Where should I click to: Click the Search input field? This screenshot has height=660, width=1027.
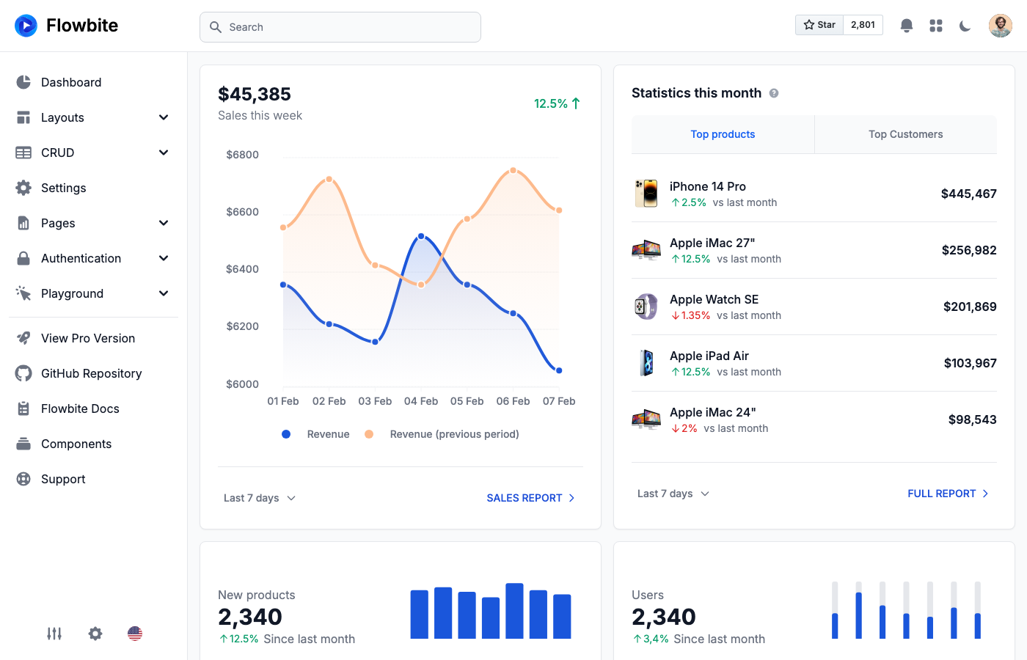[x=340, y=27]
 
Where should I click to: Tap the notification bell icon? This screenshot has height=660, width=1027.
[x=907, y=26]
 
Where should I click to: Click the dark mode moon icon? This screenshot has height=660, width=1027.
[x=965, y=26]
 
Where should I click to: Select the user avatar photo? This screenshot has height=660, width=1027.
[x=1000, y=26]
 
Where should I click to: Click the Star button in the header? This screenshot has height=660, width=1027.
[x=819, y=25]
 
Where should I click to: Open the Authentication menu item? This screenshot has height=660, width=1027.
[x=81, y=258]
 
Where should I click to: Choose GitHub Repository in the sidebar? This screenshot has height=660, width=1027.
[x=91, y=373]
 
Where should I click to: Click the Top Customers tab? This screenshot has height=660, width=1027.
[x=905, y=134]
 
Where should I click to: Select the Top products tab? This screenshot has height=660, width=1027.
[x=723, y=134]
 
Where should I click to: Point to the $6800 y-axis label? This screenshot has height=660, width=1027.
[x=242, y=155]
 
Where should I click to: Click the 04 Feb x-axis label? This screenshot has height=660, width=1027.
[x=421, y=401]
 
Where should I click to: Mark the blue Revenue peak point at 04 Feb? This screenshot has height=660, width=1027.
[x=421, y=236]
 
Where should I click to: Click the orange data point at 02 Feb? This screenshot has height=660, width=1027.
[x=329, y=179]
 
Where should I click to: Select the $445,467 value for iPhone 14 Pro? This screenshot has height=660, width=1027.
[x=968, y=194]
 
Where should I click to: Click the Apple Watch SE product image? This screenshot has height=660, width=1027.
[x=646, y=307]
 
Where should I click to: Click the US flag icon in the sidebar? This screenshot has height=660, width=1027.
[x=135, y=634]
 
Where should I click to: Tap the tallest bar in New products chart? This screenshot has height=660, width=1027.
[x=514, y=611]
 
